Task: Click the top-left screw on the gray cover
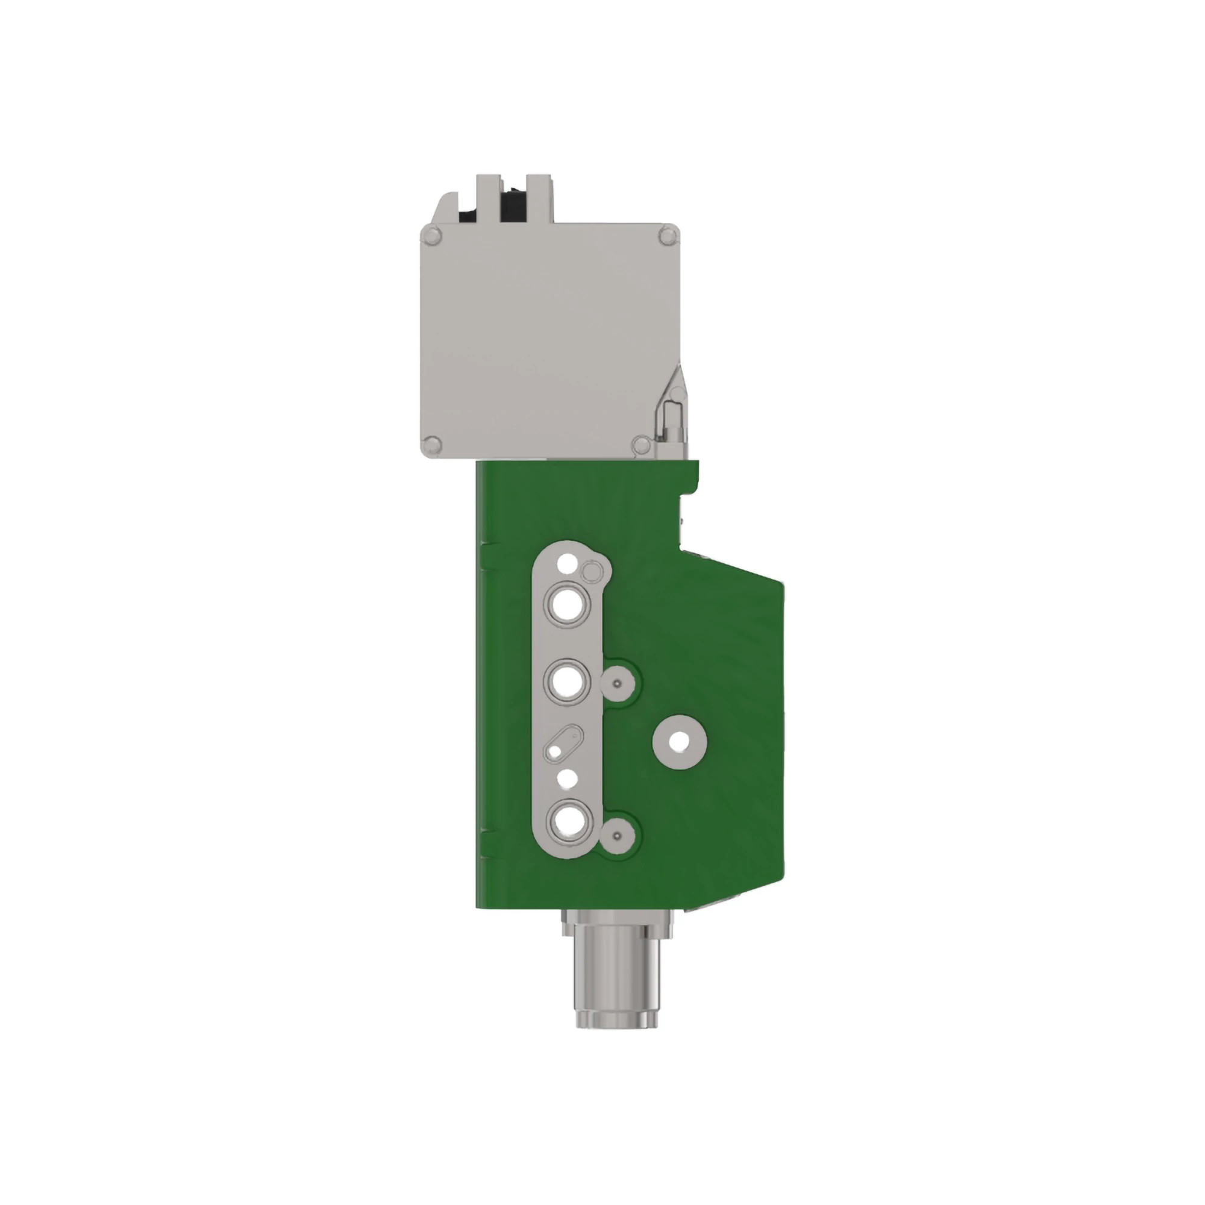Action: coord(431,236)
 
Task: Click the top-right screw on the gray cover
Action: coord(667,236)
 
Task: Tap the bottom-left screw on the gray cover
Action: coord(431,445)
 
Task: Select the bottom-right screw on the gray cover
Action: coord(640,445)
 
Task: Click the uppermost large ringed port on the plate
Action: coord(567,604)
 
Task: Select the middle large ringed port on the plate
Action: coord(567,681)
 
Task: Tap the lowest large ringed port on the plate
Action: coord(567,822)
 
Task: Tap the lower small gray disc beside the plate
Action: coord(617,836)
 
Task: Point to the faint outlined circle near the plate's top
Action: coord(591,571)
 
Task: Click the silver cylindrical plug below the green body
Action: coord(616,986)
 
